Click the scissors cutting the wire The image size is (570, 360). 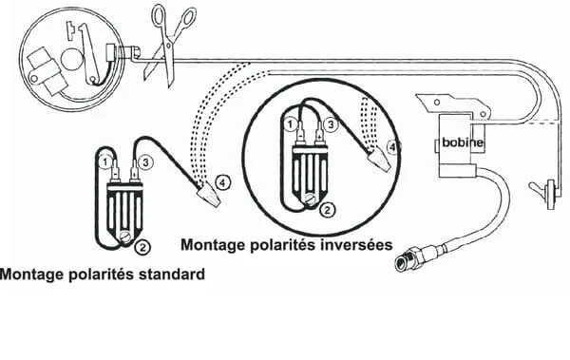(168, 44)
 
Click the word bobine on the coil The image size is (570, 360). (463, 142)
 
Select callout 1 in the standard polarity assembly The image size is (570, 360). (105, 162)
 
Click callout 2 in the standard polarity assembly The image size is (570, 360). (142, 247)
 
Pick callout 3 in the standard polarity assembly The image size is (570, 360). (145, 162)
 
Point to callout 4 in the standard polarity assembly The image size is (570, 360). (223, 182)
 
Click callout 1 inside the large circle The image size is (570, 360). (290, 124)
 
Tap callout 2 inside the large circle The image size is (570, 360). (327, 210)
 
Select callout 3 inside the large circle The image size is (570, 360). (331, 124)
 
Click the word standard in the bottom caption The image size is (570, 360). (172, 275)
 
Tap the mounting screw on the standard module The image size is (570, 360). (126, 237)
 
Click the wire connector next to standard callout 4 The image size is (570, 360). (209, 196)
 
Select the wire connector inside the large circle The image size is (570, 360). (379, 159)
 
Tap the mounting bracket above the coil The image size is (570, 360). (454, 105)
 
